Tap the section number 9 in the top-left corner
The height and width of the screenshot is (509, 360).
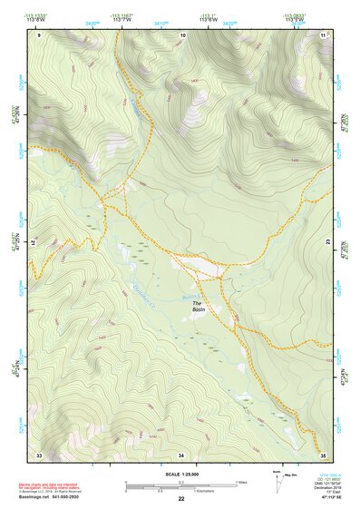coord(39,34)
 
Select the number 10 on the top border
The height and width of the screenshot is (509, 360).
coord(183,34)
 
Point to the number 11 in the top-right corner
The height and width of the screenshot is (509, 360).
coord(323,34)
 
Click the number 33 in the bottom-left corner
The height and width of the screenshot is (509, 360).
coord(39,454)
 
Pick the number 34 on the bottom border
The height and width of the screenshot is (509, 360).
coord(181,454)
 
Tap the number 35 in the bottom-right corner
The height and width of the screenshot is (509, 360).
coord(323,454)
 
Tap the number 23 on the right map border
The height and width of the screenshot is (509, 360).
coord(328,243)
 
